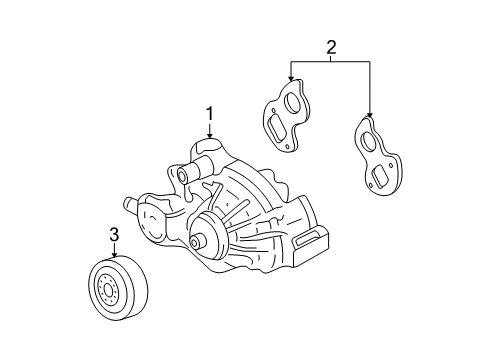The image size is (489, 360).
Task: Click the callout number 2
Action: [x=330, y=44]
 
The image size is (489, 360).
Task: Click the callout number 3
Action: [x=113, y=234]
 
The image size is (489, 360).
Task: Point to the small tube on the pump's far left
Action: [x=129, y=205]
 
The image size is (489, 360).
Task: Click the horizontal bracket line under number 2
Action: [x=330, y=61]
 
